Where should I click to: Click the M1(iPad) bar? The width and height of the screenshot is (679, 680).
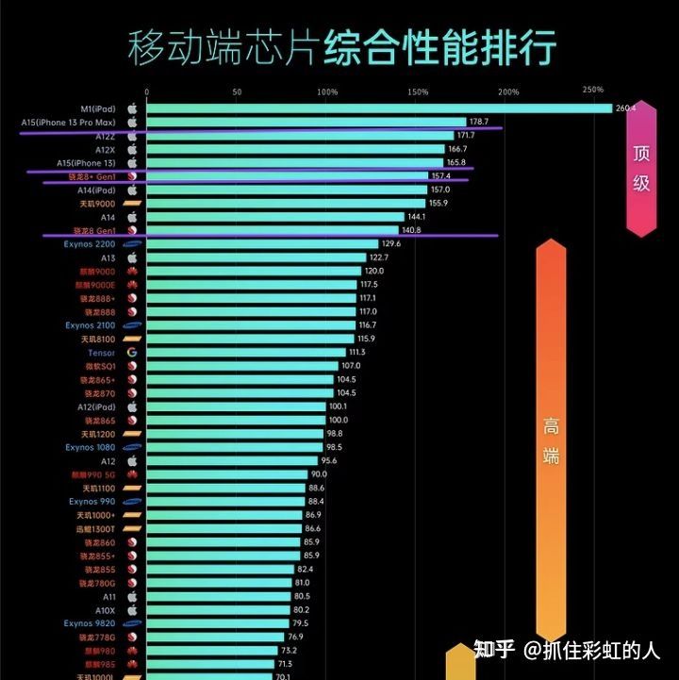point(377,108)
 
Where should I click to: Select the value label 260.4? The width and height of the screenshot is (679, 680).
point(625,108)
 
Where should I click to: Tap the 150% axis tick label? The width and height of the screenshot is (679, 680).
point(418,92)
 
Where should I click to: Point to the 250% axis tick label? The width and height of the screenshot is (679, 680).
point(593,91)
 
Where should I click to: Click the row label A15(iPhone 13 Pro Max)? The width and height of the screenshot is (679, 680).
point(68,123)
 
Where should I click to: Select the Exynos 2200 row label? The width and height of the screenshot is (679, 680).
point(91,244)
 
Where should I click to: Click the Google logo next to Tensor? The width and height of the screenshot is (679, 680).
point(132,353)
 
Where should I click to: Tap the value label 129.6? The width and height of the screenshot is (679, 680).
point(391,244)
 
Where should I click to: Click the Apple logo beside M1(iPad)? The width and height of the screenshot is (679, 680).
point(132,108)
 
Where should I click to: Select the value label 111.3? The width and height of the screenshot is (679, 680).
point(356,353)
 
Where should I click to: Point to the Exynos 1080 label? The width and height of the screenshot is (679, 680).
point(91,448)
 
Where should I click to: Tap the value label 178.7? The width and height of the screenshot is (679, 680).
point(479,123)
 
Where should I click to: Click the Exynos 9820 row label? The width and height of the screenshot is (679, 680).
point(91,623)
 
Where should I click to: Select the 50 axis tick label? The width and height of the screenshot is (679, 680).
point(237,92)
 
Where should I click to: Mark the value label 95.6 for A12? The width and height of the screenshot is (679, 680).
point(329,461)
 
